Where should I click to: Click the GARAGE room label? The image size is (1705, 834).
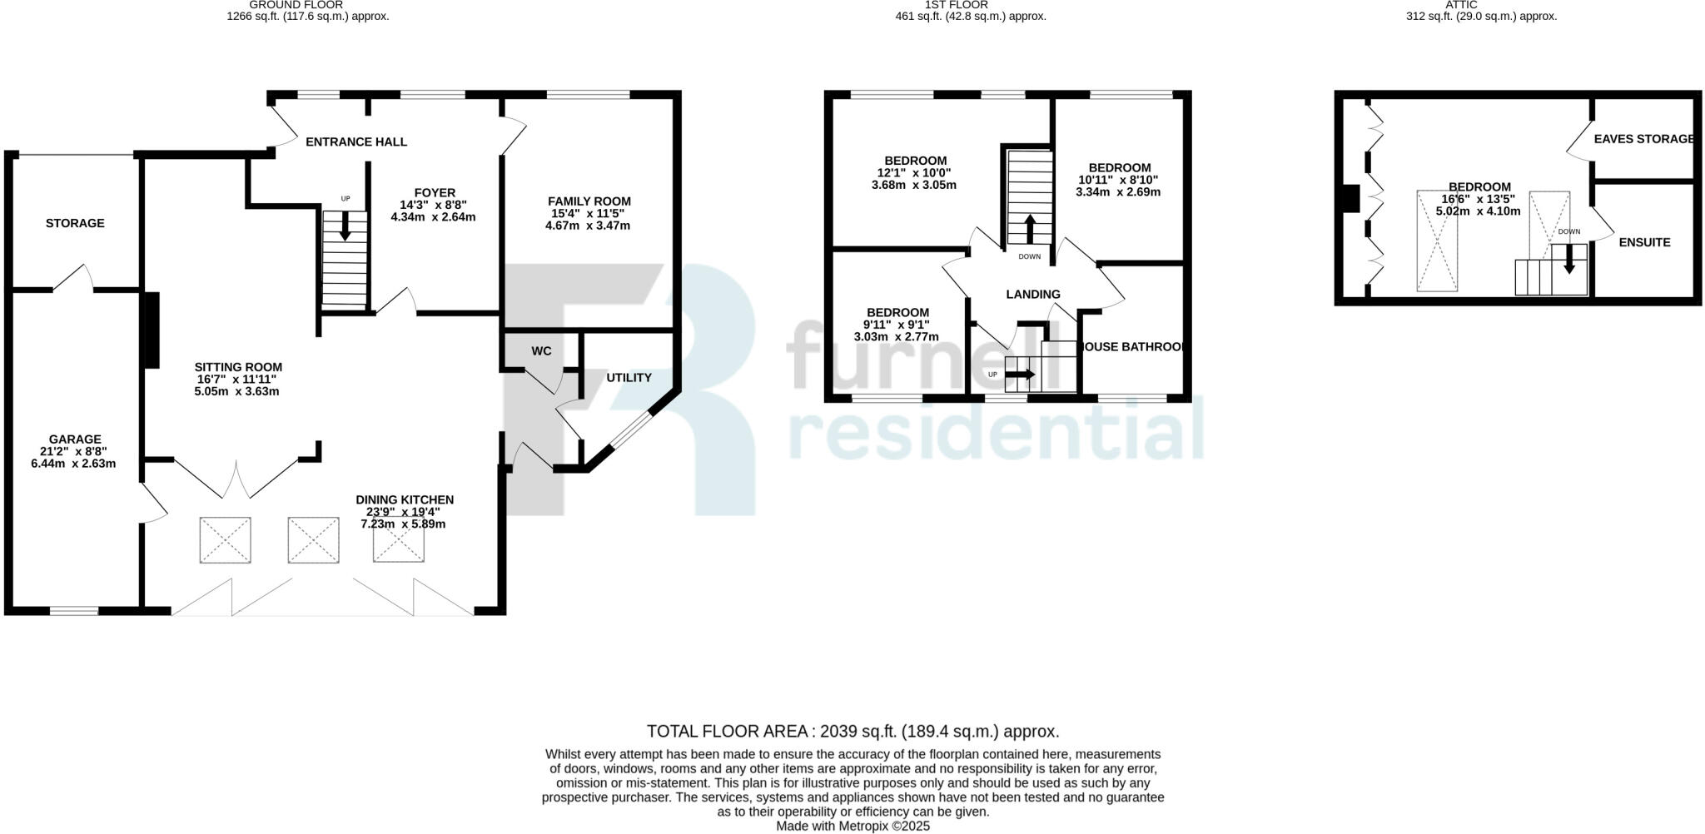pos(75,439)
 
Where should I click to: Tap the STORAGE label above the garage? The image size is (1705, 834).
pos(75,223)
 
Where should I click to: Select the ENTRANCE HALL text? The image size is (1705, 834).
pos(356,141)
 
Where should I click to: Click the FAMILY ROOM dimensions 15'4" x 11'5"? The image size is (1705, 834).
pos(589,214)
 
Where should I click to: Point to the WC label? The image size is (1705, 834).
pos(541,351)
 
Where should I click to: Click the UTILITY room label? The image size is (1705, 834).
pos(629,378)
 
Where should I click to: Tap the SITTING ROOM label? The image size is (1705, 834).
pos(238,367)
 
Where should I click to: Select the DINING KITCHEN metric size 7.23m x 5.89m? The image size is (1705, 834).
pos(404,524)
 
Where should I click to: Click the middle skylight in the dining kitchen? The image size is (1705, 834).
pos(313,540)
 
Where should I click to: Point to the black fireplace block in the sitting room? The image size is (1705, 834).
pos(152,329)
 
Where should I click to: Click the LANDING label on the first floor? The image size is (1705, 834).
pos(1033,294)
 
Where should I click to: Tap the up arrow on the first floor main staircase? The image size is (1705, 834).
pos(1030,228)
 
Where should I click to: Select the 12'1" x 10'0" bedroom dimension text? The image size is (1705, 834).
pos(914,173)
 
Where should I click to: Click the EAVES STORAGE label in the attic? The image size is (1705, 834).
pos(1643,139)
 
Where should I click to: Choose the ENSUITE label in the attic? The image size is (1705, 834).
pos(1644,242)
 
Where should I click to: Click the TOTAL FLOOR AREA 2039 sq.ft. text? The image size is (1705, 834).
pos(852,732)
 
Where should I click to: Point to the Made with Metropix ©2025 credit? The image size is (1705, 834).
pos(852,827)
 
